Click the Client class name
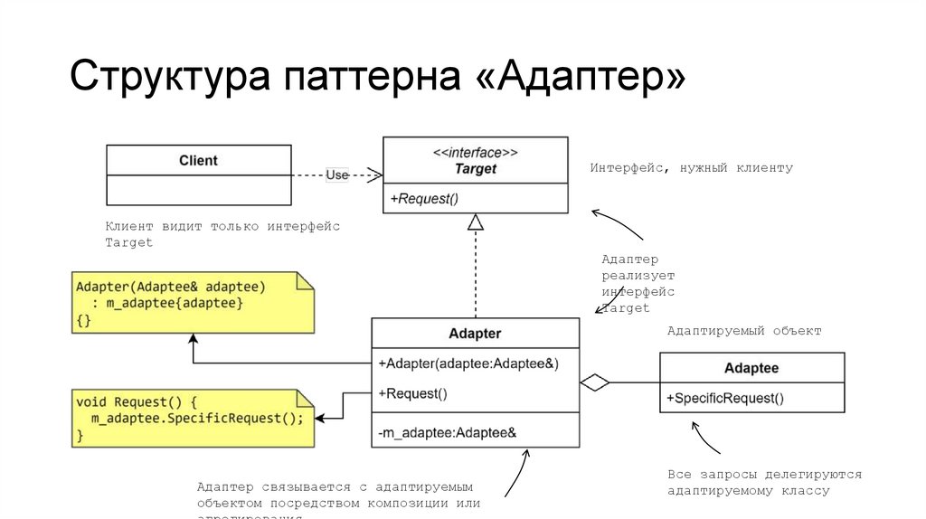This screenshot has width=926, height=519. [198, 160]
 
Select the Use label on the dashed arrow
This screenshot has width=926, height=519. [336, 175]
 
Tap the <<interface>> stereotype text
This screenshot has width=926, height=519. [476, 152]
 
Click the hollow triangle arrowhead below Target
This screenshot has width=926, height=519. [476, 222]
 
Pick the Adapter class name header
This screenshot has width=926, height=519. [475, 334]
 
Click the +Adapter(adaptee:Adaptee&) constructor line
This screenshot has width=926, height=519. [468, 363]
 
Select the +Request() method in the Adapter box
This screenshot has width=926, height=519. [413, 393]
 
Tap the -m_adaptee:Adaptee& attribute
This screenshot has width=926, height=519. [447, 433]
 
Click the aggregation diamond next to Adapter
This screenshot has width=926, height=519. [594, 383]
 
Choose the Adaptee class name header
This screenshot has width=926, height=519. [751, 368]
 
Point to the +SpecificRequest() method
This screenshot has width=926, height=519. [725, 398]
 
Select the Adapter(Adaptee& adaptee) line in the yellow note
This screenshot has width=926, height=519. [171, 287]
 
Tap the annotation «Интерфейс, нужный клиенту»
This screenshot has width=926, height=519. [691, 168]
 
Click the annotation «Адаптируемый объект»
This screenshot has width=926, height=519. [743, 331]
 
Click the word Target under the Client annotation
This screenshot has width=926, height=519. [128, 242]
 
